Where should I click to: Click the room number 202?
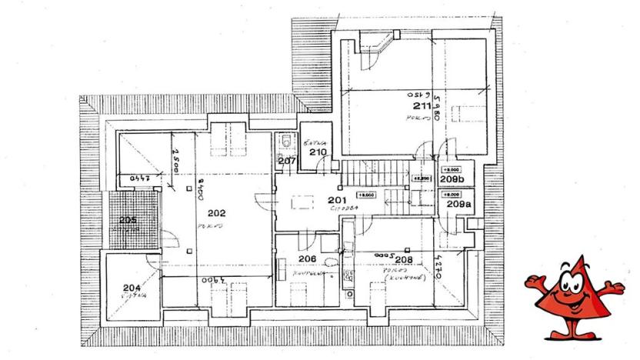pos(216,213)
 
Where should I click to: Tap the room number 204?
pos(132,288)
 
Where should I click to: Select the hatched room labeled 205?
pos(128,220)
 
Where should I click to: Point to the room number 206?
pos(308,259)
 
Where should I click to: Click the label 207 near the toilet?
pos(286,162)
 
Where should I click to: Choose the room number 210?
pos(318,152)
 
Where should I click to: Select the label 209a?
pos(458,205)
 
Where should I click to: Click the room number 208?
pos(405,259)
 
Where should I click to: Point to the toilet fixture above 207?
pos(285,142)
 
